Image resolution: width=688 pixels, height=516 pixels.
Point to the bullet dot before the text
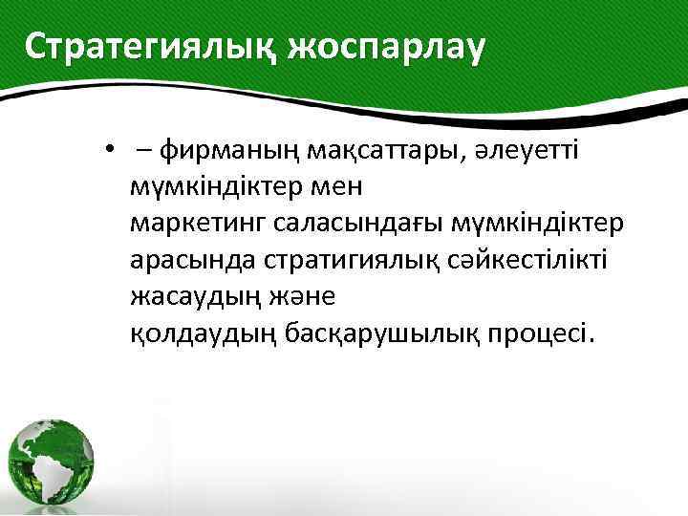click(111, 149)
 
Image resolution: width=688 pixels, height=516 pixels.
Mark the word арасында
click(187, 260)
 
